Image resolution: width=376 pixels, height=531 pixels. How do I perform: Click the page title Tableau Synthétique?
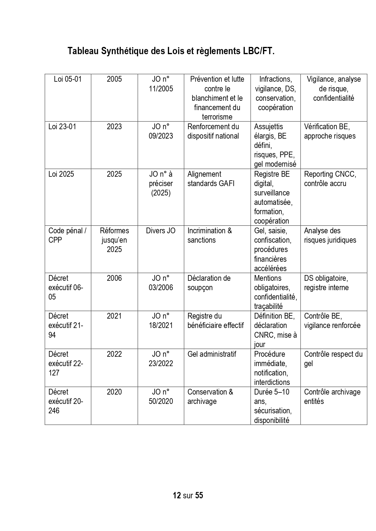click(x=171, y=51)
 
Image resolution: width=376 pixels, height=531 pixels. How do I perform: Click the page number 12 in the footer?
click(x=177, y=495)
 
